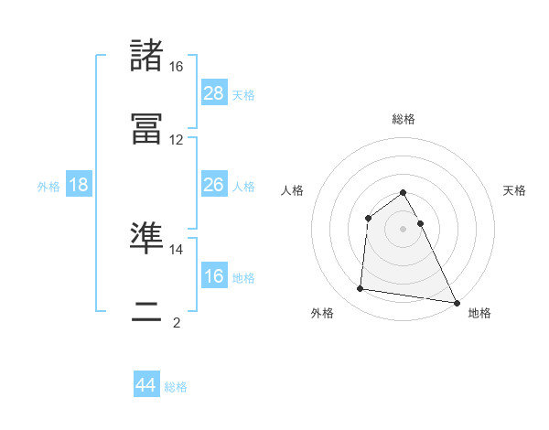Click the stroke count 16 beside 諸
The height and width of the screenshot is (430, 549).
coord(177,67)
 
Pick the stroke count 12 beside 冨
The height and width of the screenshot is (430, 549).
coord(177,140)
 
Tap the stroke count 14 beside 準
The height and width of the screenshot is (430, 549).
coord(177,249)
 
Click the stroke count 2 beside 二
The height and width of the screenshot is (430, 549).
coord(177,322)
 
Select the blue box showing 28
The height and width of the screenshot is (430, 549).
coord(213,92)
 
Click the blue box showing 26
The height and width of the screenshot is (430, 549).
coord(213,185)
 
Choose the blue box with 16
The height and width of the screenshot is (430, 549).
coord(213,275)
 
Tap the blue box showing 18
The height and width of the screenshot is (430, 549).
coord(79,185)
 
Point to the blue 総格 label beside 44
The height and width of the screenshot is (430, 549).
coord(176,387)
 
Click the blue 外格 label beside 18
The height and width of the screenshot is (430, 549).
coord(48,187)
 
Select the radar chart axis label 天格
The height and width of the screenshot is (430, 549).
coord(514,190)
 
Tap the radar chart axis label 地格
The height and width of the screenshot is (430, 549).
coord(479,313)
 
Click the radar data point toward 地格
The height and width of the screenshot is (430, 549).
coord(457,302)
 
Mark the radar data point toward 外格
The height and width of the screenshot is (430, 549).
coord(361,289)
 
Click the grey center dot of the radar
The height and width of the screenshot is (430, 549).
coord(404,229)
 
